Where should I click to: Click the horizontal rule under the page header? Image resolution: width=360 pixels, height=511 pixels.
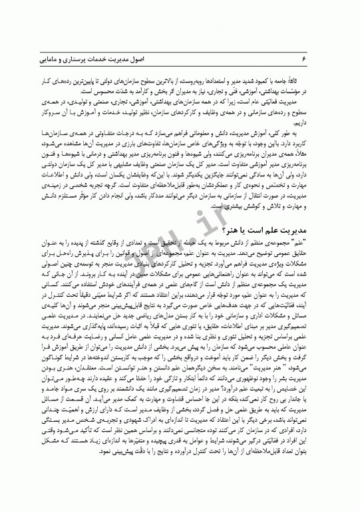coord(180,67)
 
